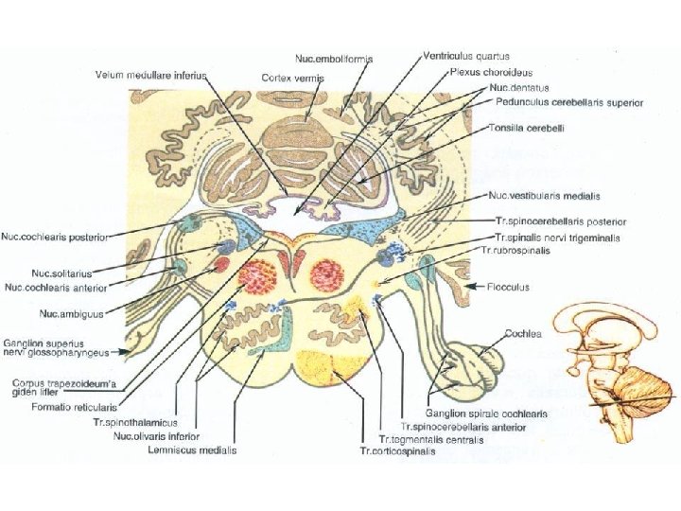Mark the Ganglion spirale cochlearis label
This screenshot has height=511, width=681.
click(471, 414)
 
